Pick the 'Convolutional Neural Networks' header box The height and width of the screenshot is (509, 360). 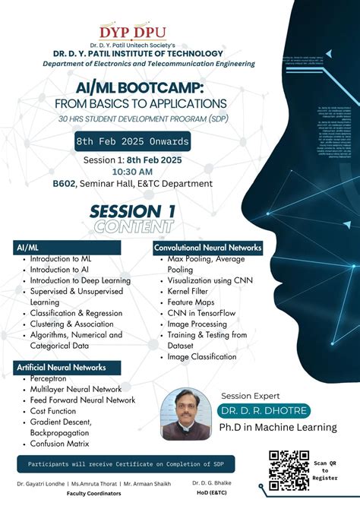pos(207,248)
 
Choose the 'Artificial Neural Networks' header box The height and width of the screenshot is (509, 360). pos(63,367)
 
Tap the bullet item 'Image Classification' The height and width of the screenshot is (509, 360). pos(202,356)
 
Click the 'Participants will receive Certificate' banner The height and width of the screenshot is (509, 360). pos(125,463)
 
